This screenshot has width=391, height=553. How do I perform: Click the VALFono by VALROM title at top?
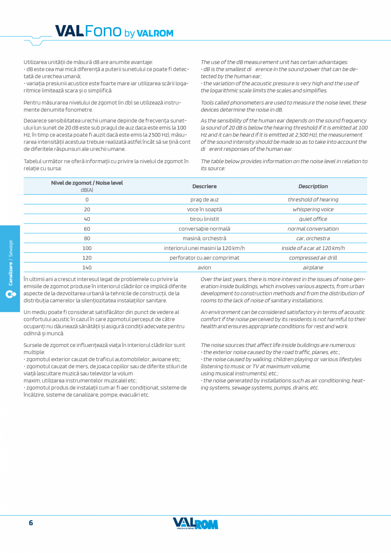pyautogui.click(x=114, y=31)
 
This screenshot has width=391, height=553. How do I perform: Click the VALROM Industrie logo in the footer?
pyautogui.click(x=195, y=523)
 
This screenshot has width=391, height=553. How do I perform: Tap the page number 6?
pyautogui.click(x=31, y=523)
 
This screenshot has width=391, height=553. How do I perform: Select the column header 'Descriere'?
pyautogui.click(x=204, y=186)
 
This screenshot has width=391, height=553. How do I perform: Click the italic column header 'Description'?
pyautogui.click(x=313, y=186)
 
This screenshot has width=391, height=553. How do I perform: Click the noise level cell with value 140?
pyautogui.click(x=87, y=267)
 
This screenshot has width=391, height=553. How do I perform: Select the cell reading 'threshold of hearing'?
pyautogui.click(x=313, y=199)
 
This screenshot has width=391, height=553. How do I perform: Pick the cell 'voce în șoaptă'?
pyautogui.click(x=204, y=209)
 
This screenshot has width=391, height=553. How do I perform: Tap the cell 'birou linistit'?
pyautogui.click(x=204, y=219)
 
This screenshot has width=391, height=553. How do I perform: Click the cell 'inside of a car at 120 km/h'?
pyautogui.click(x=313, y=248)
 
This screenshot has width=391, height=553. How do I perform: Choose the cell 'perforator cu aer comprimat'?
pyautogui.click(x=204, y=258)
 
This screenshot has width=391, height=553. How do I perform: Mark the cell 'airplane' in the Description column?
pyautogui.click(x=313, y=267)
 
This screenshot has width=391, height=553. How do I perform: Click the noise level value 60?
pyautogui.click(x=87, y=229)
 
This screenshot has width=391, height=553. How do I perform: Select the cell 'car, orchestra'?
pyautogui.click(x=313, y=238)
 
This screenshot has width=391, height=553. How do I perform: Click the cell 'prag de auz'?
pyautogui.click(x=204, y=199)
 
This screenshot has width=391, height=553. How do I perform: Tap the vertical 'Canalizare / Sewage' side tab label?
pyautogui.click(x=11, y=262)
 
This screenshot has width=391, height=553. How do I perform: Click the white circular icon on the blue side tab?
pyautogui.click(x=10, y=294)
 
